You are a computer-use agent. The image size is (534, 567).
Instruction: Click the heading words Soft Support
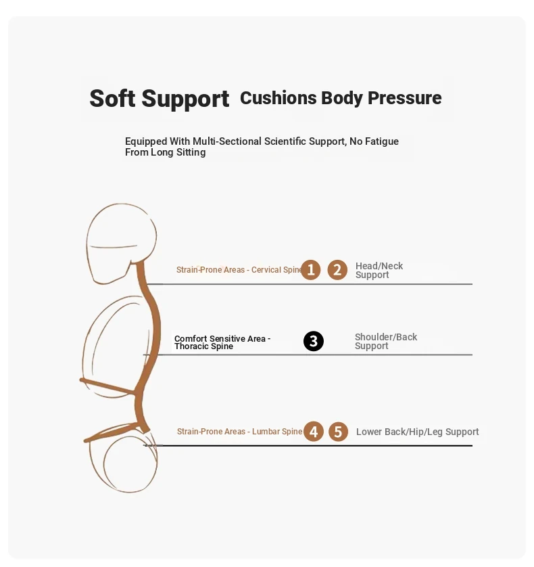point(160,98)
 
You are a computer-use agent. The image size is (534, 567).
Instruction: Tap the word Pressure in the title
point(405,98)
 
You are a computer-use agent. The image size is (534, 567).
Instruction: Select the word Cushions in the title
point(278,97)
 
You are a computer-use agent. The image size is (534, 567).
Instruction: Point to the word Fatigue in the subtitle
point(382,141)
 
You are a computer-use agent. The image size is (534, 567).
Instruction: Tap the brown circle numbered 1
point(311,270)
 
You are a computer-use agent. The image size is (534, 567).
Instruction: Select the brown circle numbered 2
point(337,270)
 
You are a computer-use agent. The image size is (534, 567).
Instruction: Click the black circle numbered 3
point(313,341)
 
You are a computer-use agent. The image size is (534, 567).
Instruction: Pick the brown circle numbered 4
point(314,432)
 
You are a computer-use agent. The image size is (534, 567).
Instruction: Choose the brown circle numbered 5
point(338,432)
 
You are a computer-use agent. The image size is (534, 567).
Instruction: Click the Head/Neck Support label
point(379,270)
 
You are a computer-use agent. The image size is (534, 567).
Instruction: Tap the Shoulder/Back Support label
point(386,342)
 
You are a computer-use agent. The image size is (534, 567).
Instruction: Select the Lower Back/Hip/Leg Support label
point(417,432)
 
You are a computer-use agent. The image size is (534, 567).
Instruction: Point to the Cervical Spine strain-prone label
point(239,270)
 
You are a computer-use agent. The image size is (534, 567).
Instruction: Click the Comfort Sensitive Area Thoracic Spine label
point(222,342)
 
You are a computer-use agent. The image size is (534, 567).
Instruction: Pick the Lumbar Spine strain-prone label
point(239,432)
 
